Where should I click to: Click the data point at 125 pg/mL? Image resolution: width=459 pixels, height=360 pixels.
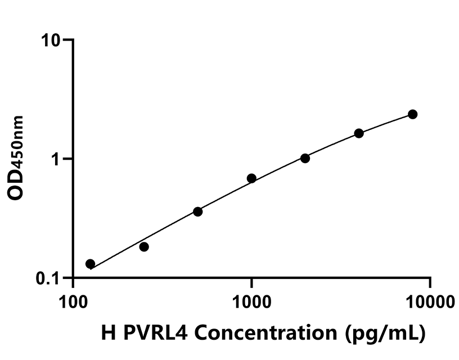coord(90,264)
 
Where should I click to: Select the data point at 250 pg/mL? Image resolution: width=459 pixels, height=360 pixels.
coord(144,247)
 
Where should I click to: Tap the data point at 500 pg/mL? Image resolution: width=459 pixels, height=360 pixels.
coord(197,211)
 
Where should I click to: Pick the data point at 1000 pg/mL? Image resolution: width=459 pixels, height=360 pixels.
coord(251,178)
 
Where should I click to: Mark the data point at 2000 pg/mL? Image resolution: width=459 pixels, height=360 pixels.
coord(305,158)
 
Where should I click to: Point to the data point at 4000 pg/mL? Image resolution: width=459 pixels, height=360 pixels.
coord(359,133)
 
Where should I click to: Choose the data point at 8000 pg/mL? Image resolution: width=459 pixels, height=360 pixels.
coord(412,114)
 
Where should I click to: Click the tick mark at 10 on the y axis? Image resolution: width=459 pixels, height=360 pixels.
coord(67,40)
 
